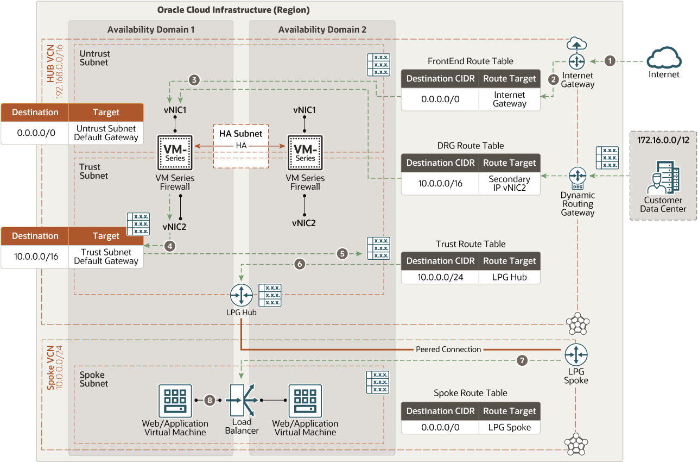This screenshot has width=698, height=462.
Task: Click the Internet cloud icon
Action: pos(664,58)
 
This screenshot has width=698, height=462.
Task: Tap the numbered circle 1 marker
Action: pos(610,61)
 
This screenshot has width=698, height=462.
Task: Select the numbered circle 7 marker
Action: pos(522,360)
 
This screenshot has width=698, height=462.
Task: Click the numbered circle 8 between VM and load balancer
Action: pos(210,400)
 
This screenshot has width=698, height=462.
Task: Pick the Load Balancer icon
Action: pos(242,400)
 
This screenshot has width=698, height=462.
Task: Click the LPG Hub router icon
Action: pos(241,295)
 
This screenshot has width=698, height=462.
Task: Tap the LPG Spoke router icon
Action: pos(576,355)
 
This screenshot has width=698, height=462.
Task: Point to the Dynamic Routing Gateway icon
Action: pos(578,178)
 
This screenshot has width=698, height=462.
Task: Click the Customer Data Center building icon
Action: pos(663,177)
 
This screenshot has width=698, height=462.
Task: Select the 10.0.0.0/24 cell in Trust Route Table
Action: pos(440,277)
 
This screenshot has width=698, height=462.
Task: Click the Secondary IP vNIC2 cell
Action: pos(510,183)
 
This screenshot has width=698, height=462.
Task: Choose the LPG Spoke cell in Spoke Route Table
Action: pos(510,427)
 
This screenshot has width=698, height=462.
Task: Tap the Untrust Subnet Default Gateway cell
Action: pos(106,133)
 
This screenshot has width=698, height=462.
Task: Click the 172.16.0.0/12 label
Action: pos(663,140)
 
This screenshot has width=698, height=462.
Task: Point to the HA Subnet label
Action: pos(241,134)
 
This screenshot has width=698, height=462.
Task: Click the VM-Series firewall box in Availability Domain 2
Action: pos(305,153)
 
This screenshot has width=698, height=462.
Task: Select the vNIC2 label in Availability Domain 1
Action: pos(174,227)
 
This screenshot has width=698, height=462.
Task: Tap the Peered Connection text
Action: pos(448,349)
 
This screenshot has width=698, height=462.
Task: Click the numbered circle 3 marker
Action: pos(194,80)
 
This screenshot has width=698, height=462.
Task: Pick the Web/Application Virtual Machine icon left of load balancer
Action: pos(175,401)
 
